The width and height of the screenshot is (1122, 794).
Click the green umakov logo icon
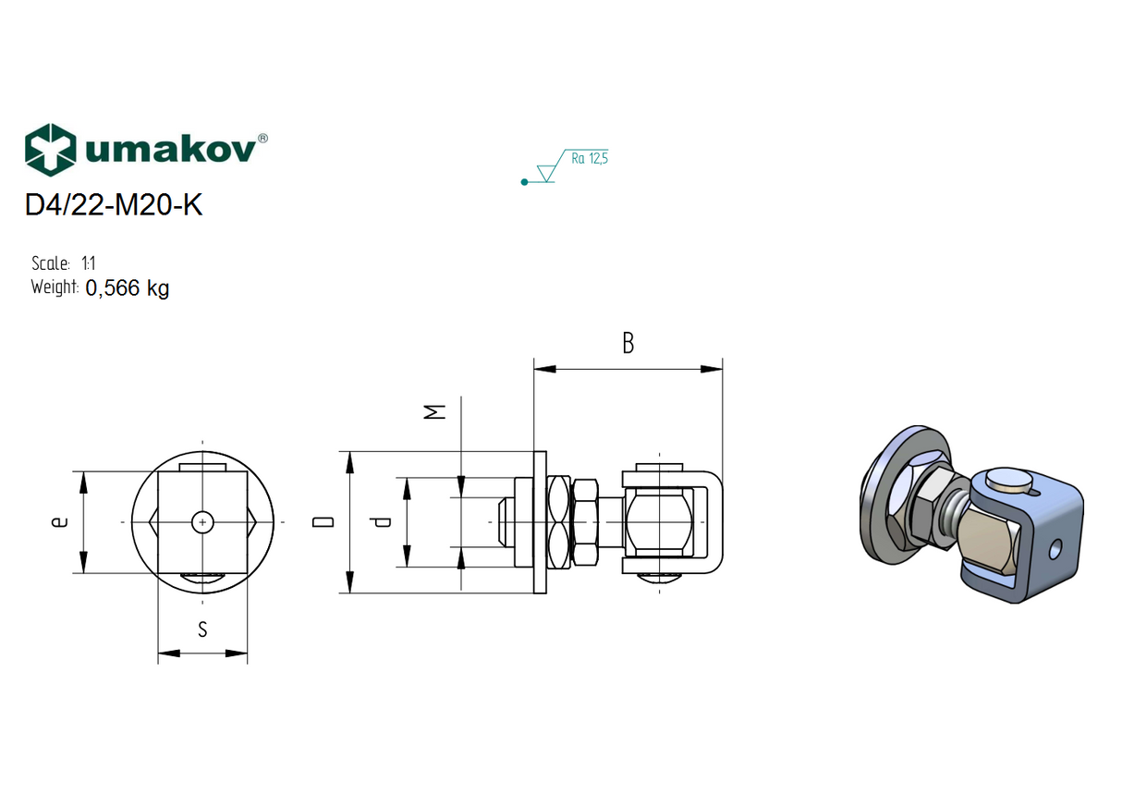50,149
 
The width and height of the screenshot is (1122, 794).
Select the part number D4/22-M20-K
113,205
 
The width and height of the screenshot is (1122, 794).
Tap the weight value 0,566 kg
127,288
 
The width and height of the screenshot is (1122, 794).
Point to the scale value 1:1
88,263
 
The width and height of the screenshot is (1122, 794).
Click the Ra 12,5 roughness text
589,159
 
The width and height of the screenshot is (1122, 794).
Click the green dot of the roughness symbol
525,182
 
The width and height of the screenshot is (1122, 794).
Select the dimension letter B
628,344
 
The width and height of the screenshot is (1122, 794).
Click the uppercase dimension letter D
323,522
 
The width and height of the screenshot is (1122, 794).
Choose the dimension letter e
59,522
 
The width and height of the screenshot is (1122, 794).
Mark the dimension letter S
202,630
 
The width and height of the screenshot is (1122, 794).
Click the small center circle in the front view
201,522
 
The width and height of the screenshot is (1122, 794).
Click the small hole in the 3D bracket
1053,550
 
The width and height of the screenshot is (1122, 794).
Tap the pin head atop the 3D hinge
1008,480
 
